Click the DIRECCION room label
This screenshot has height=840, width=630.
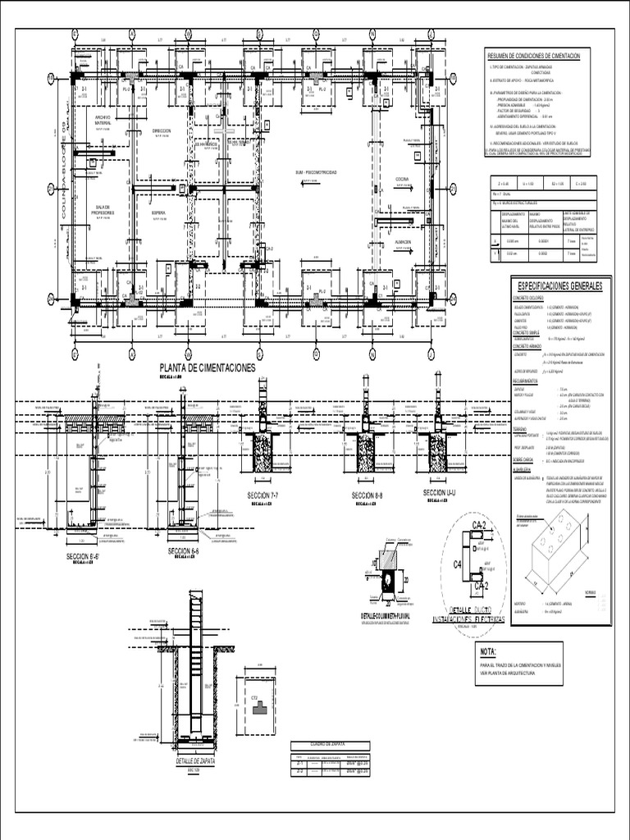(162, 130)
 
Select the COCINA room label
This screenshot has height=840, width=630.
(402, 178)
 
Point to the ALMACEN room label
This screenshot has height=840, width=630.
(402, 243)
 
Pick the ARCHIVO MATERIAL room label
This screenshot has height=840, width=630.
(102, 121)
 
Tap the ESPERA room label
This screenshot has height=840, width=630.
(158, 212)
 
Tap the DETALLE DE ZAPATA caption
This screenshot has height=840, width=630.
(194, 761)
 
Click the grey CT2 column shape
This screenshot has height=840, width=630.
(259, 708)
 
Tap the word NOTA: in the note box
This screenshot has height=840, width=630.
(491, 652)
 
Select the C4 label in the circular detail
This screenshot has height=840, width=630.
(459, 564)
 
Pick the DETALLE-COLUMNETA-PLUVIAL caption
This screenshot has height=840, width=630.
(386, 615)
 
